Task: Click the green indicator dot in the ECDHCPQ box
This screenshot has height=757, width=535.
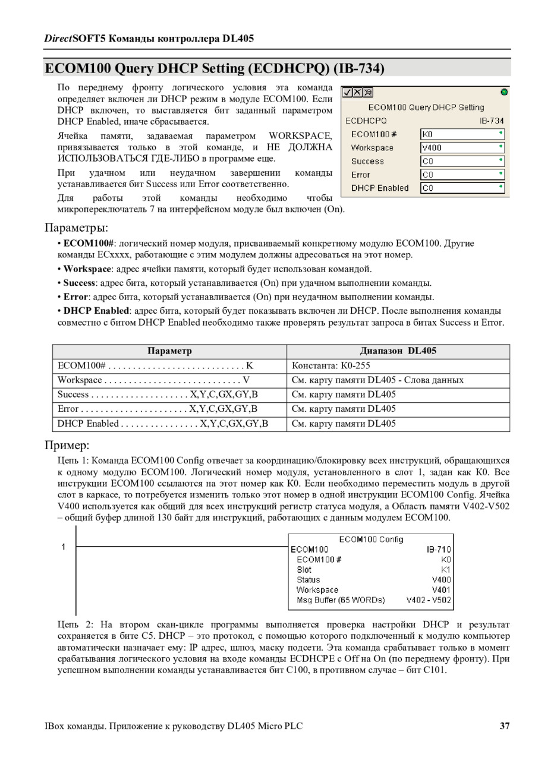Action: click(504, 92)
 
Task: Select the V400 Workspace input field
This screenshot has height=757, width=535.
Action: click(462, 147)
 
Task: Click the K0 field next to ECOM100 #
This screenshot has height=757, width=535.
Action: click(462, 134)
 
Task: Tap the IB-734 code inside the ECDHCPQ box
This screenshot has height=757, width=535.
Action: click(492, 121)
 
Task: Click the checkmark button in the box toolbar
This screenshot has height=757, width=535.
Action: click(348, 92)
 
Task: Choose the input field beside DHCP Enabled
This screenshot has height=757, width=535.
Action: click(462, 188)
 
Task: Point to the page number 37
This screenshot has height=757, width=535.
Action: click(505, 726)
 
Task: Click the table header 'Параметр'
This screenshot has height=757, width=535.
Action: click(169, 351)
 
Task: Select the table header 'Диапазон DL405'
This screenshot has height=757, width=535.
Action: click(398, 351)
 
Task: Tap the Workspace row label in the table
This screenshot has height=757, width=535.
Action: click(80, 380)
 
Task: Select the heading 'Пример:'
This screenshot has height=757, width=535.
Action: click(67, 445)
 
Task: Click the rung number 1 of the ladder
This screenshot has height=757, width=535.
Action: click(64, 547)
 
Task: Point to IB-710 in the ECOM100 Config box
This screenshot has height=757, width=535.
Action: click(439, 550)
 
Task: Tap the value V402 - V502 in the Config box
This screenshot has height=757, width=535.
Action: click(429, 600)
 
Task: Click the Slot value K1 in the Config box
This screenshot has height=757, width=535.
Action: click(446, 570)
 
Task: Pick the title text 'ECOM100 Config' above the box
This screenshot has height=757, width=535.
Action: click(371, 539)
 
